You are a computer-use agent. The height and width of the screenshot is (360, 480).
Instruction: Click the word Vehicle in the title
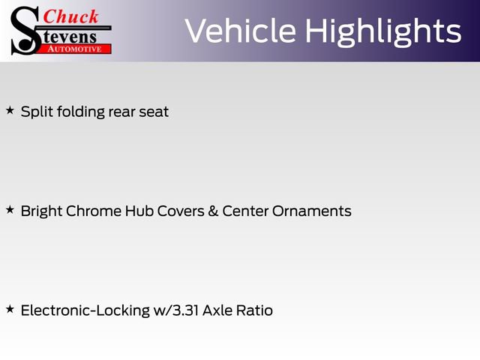(240, 31)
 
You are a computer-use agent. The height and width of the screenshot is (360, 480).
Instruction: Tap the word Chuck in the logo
(70, 16)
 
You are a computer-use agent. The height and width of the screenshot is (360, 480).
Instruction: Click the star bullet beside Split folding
(10, 110)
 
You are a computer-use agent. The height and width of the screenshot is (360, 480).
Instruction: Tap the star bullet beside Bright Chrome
(10, 209)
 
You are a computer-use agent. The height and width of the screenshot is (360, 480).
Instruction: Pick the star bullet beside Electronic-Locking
(10, 308)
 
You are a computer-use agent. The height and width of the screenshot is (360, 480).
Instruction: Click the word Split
(34, 112)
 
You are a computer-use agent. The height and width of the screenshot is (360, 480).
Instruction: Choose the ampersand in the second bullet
(213, 211)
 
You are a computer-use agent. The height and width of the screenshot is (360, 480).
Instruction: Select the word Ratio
(257, 310)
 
